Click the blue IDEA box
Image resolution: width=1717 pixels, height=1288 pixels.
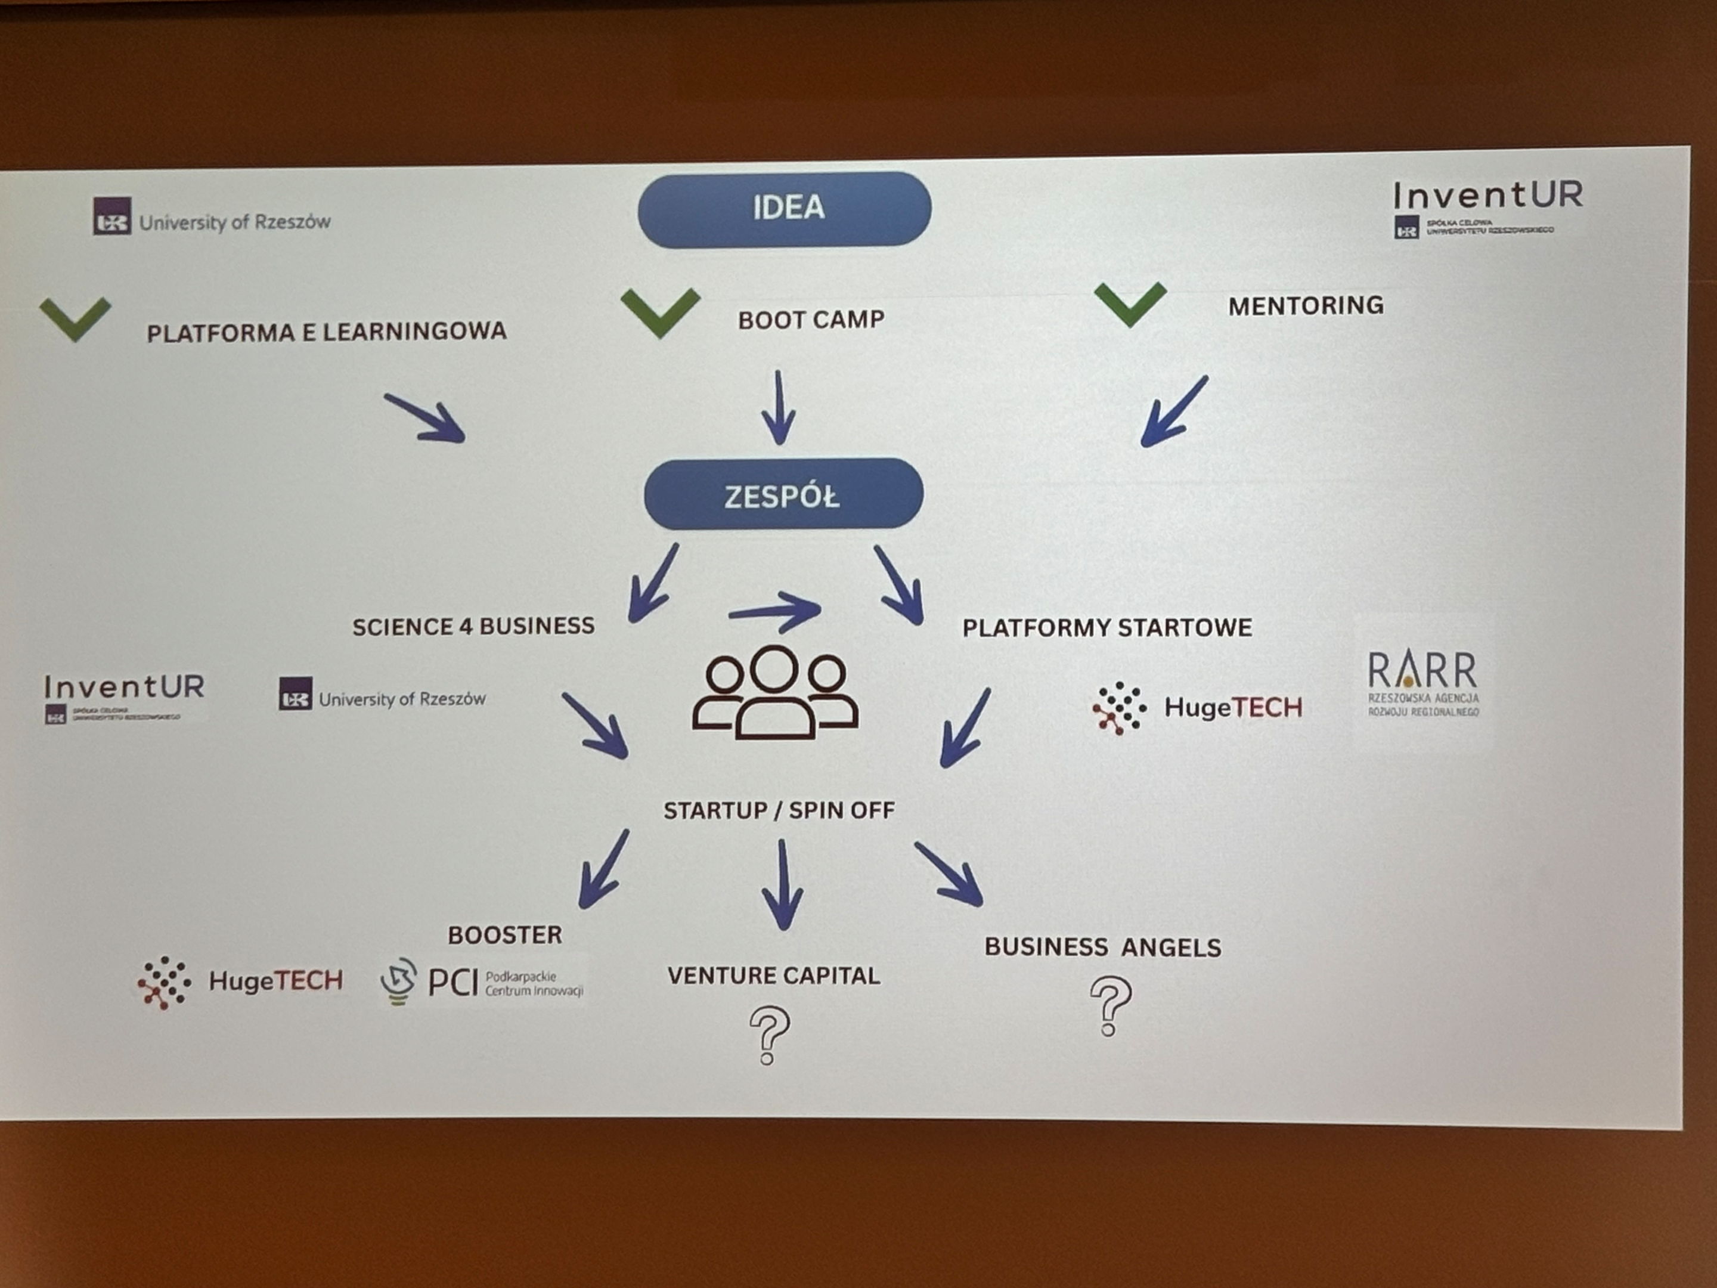click(784, 209)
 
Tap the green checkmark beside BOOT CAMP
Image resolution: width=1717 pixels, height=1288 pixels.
click(660, 311)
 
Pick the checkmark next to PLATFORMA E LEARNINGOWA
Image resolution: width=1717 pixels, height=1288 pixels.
click(75, 318)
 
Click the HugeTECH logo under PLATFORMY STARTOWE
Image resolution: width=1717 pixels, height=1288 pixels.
click(1197, 707)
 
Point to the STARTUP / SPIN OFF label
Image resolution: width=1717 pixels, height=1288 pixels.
click(779, 810)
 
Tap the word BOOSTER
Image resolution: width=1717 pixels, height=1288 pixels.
click(504, 935)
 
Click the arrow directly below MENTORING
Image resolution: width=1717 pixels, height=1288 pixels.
click(1174, 411)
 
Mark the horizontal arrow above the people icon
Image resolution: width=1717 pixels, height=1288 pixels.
click(774, 612)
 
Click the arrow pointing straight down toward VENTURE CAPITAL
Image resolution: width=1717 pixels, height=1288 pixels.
click(782, 885)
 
